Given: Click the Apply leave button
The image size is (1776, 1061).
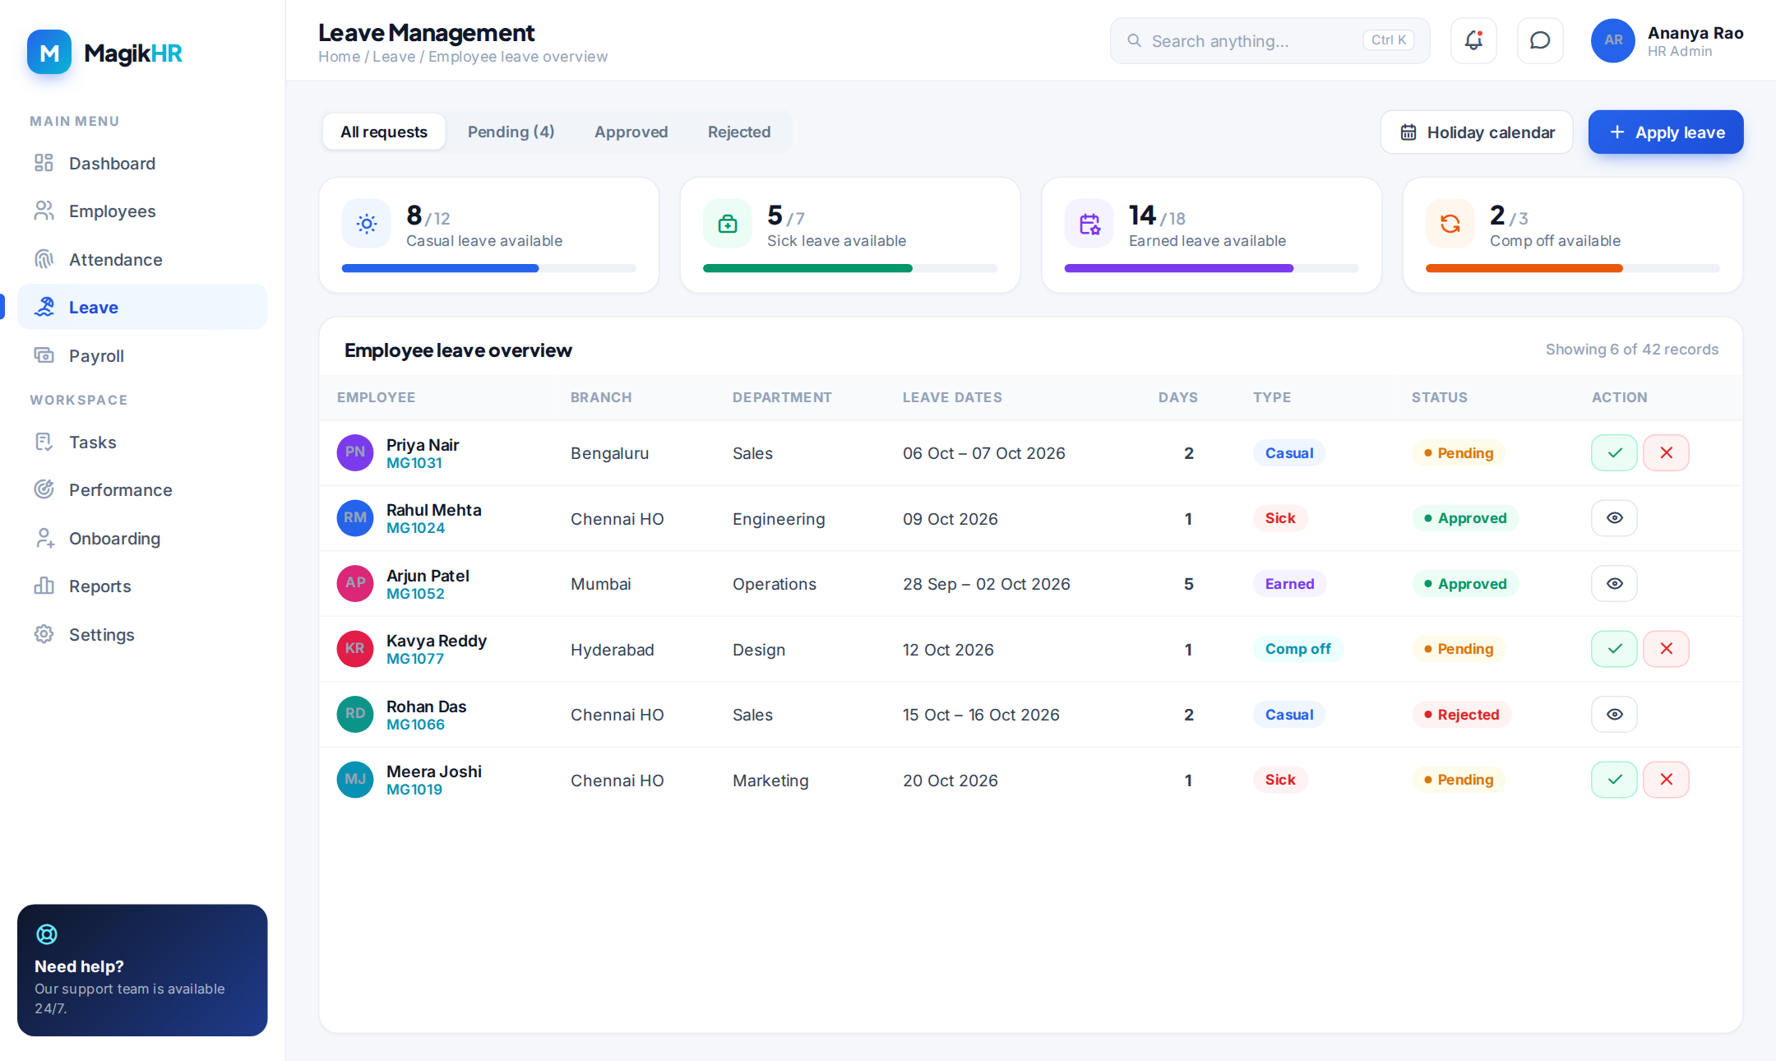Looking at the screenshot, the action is pyautogui.click(x=1665, y=132).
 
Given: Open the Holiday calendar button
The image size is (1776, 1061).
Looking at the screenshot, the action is pyautogui.click(x=1476, y=132).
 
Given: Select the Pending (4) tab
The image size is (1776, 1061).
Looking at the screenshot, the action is pyautogui.click(x=511, y=132).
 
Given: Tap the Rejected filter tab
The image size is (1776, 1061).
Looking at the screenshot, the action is pyautogui.click(x=739, y=132).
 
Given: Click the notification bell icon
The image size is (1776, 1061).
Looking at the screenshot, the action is pyautogui.click(x=1473, y=40).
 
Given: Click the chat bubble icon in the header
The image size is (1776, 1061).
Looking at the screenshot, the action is pyautogui.click(x=1540, y=40).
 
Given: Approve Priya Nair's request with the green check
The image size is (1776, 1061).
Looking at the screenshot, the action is pyautogui.click(x=1614, y=452).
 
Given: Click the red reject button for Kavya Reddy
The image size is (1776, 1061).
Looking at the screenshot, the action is pyautogui.click(x=1666, y=649).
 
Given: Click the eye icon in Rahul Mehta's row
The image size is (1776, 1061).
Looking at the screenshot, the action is pyautogui.click(x=1614, y=518).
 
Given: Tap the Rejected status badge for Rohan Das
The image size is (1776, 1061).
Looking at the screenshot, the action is pyautogui.click(x=1462, y=715).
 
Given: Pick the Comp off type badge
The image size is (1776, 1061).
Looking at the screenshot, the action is pyautogui.click(x=1297, y=649).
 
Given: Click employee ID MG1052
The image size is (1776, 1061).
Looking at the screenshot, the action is pyautogui.click(x=415, y=594).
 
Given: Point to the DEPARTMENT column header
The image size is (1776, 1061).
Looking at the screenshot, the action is pyautogui.click(x=782, y=397).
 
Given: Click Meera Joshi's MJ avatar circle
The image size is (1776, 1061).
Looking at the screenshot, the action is pyautogui.click(x=355, y=780).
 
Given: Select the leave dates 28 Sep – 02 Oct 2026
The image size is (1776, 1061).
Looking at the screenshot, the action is pyautogui.click(x=986, y=584).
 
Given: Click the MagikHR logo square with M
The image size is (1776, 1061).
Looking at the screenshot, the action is pyautogui.click(x=49, y=53).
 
